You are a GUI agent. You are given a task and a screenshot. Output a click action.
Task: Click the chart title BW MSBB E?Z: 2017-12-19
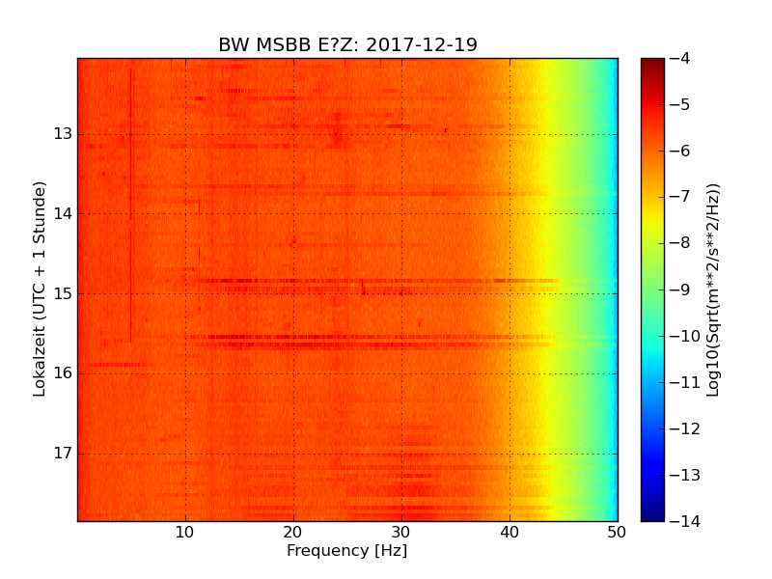[347, 45]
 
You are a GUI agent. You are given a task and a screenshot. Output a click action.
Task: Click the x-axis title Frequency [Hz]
[347, 551]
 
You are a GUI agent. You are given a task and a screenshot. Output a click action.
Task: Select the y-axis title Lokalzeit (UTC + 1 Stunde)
[41, 289]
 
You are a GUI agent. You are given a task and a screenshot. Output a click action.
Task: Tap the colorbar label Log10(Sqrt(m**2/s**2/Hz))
[713, 289]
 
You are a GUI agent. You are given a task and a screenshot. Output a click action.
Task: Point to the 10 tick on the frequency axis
[185, 531]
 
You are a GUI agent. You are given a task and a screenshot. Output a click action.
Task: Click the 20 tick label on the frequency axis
[293, 531]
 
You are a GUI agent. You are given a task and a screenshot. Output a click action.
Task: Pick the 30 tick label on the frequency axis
[401, 531]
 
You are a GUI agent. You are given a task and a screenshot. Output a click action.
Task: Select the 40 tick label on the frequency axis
[510, 531]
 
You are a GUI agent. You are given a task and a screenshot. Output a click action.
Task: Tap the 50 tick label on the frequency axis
[617, 531]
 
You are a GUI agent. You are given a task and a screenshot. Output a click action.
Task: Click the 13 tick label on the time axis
[64, 134]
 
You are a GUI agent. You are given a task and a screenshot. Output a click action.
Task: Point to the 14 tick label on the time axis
[64, 214]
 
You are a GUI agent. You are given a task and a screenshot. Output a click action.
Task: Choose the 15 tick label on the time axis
[64, 293]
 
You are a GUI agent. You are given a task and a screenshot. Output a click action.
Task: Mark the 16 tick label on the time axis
[64, 373]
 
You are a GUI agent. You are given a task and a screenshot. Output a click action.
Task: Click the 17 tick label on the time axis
[64, 454]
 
